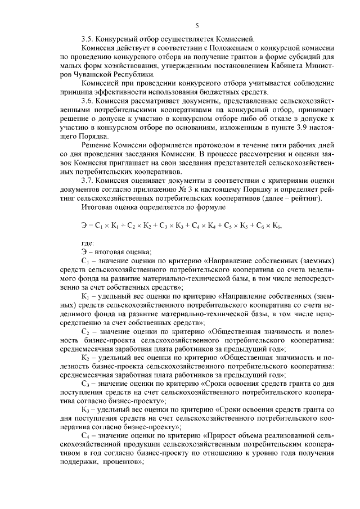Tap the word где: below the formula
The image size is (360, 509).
pos(88,242)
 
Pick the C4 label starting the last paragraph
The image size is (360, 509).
pos(85,435)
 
